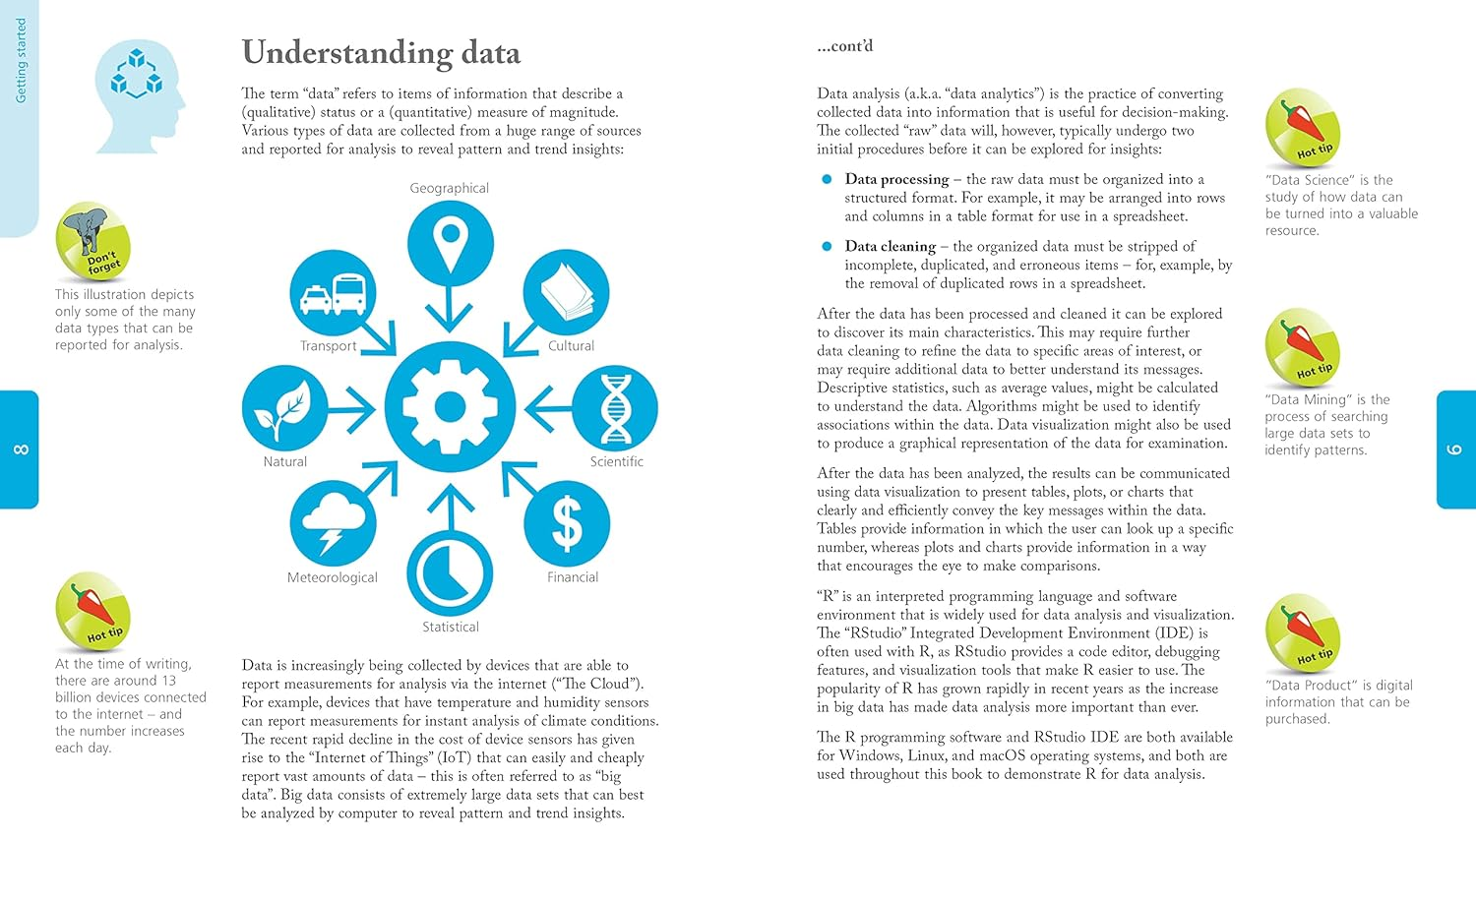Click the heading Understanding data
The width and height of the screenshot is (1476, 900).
coord(381,52)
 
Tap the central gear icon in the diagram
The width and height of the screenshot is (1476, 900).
coord(450,406)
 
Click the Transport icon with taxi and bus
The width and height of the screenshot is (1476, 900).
coord(333,293)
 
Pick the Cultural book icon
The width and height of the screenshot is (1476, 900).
coord(567,292)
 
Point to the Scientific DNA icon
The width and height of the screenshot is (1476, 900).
coord(615,409)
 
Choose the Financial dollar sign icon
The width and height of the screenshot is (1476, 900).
coord(567,523)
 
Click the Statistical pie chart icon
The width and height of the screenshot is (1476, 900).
coord(450,573)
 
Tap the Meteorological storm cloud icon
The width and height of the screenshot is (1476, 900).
coord(333,523)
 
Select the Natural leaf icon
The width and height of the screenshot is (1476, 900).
coord(284,409)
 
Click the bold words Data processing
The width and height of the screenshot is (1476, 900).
coord(896,179)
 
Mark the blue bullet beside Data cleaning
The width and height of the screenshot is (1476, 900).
coord(827,246)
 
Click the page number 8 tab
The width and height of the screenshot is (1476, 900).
coord(20,450)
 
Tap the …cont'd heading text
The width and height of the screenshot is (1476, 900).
coord(844,46)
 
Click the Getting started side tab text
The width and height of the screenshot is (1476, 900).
coord(21,61)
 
